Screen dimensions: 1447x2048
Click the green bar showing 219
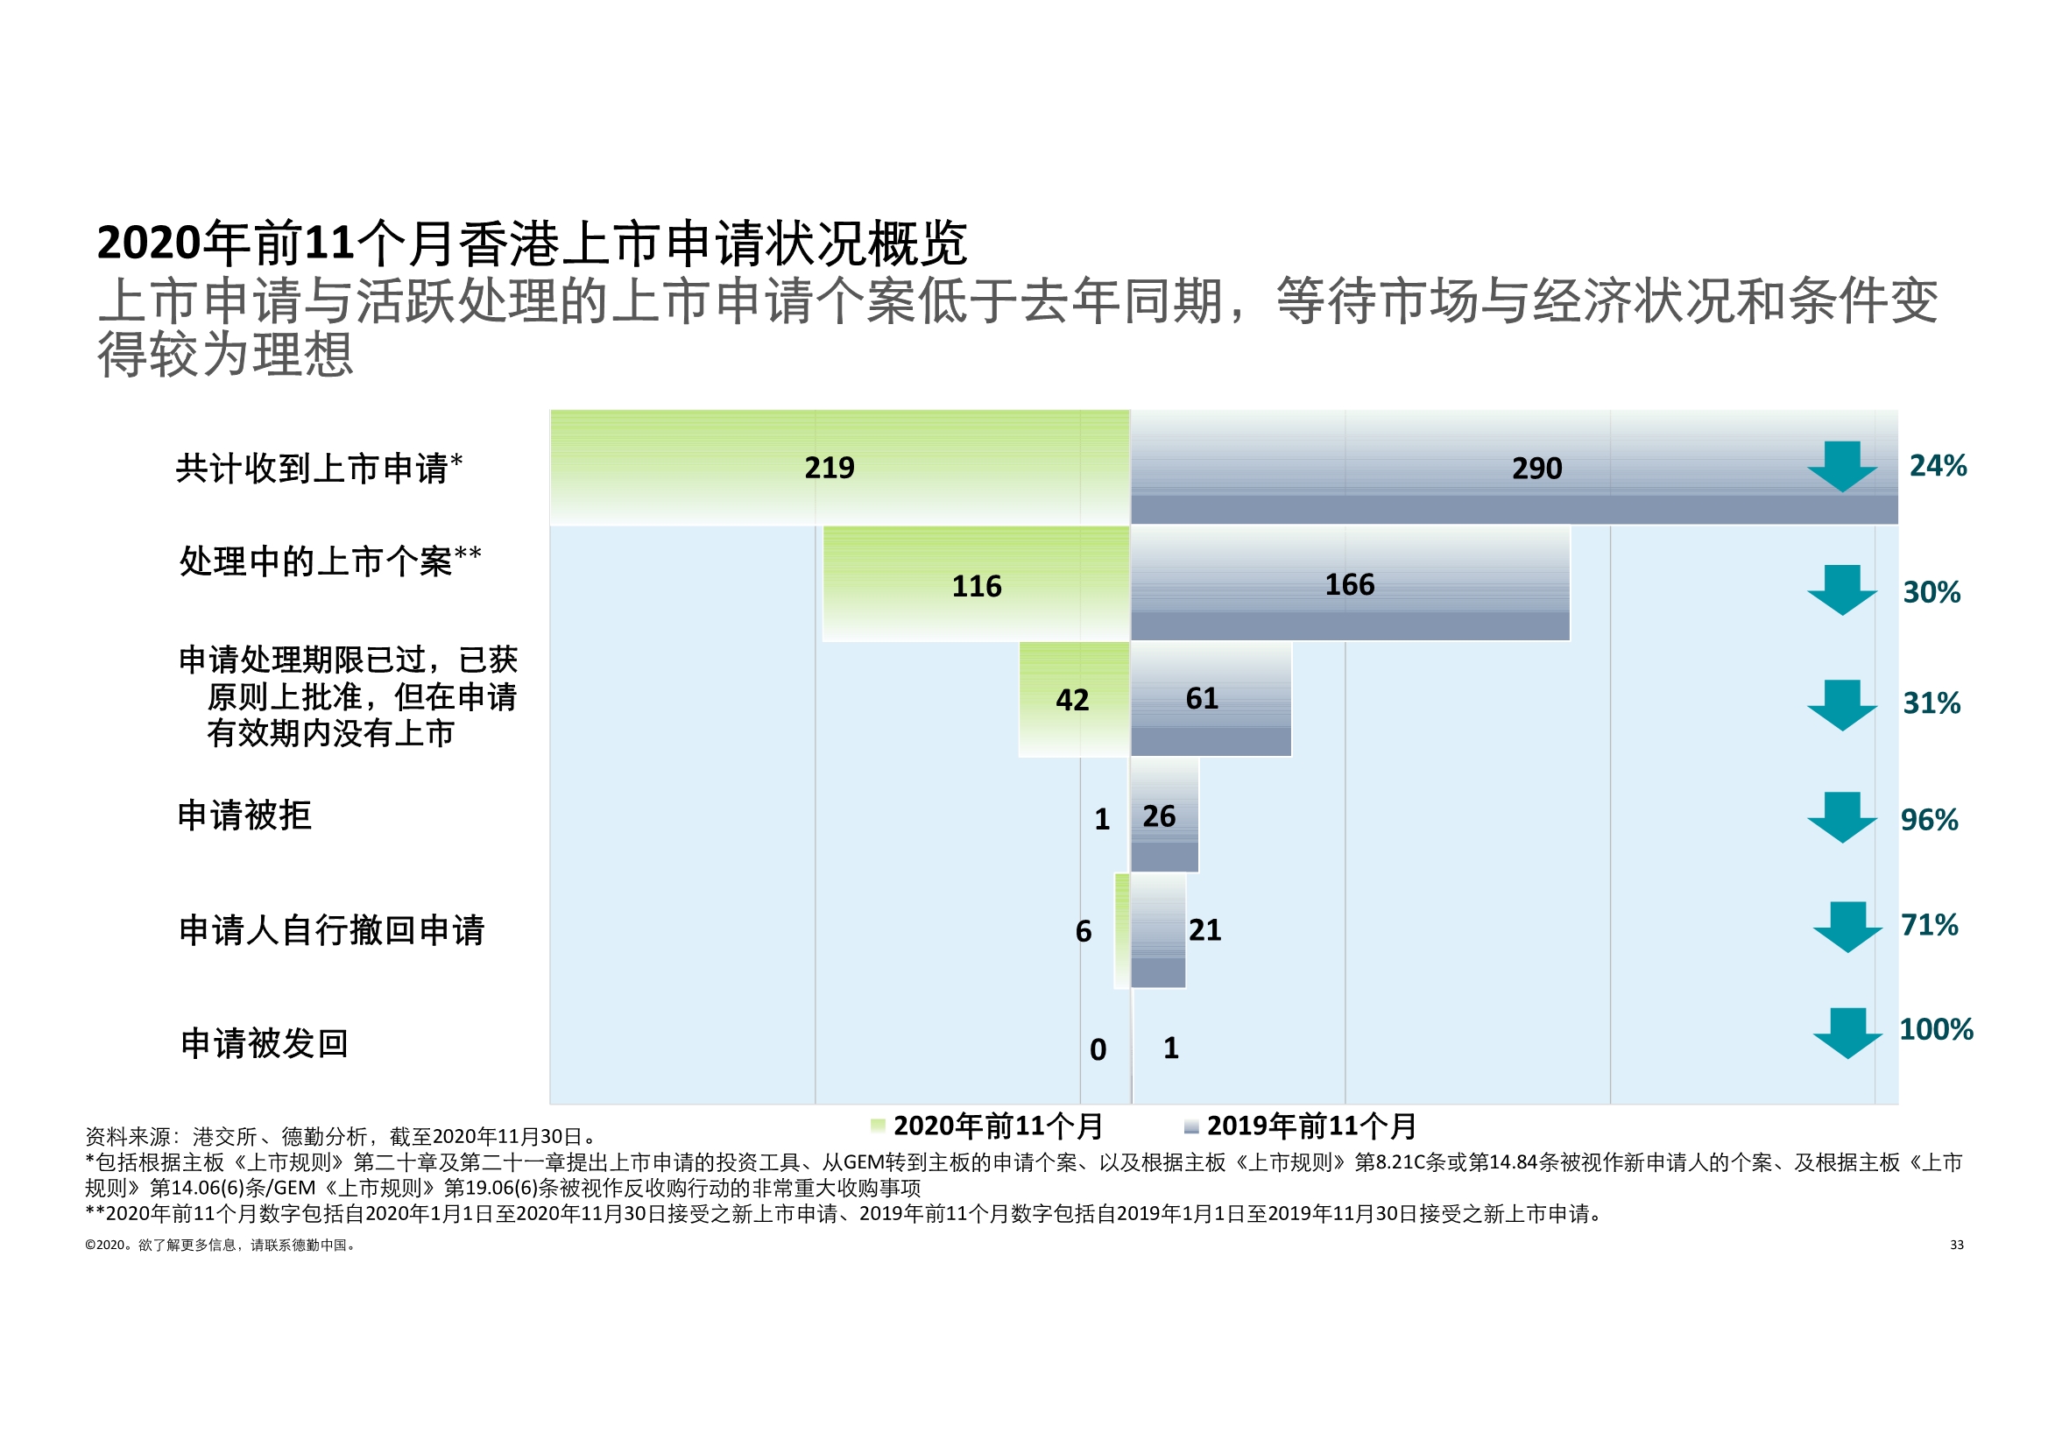[x=839, y=468]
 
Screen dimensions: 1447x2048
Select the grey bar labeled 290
[x=1513, y=468]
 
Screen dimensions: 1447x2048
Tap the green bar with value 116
[x=976, y=583]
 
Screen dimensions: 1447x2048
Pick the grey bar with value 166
[x=1350, y=583]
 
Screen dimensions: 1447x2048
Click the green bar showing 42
[x=1074, y=698]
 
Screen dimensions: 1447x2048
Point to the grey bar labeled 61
[x=1211, y=698]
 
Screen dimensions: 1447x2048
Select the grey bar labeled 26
[x=1164, y=815]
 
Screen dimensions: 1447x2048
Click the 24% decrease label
[x=1938, y=466]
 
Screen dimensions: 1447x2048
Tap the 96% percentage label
[x=1929, y=820]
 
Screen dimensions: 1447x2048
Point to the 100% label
[x=1936, y=1029]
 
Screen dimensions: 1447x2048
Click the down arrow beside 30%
[x=1842, y=589]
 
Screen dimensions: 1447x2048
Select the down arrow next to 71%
[x=1847, y=927]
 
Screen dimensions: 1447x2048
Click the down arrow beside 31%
[x=1842, y=705]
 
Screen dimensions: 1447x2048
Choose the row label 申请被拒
[x=244, y=815]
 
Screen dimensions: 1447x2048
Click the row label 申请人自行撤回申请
[x=332, y=930]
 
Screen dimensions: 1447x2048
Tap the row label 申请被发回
[x=264, y=1043]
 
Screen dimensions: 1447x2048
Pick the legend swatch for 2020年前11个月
[x=878, y=1126]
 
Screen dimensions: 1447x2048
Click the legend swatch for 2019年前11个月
[x=1190, y=1126]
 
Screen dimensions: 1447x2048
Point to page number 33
[x=1956, y=1245]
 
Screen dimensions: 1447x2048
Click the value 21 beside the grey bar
[x=1204, y=930]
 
